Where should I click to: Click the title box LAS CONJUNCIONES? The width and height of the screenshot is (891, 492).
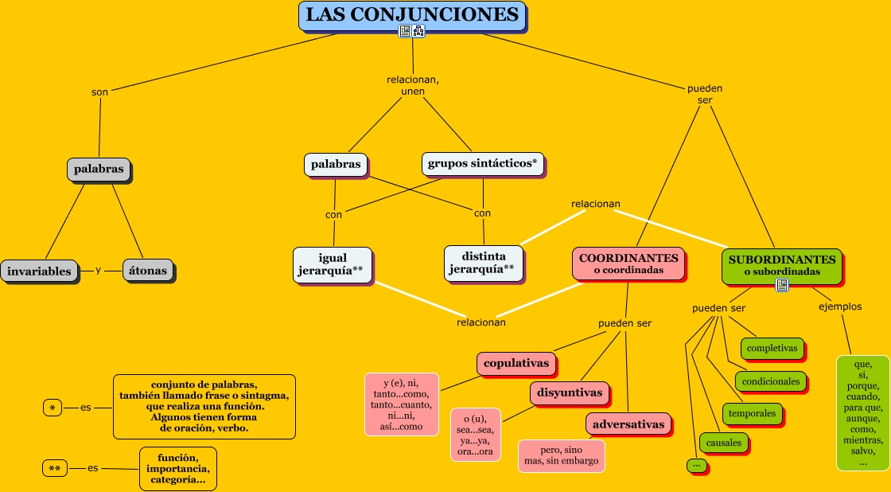point(412,16)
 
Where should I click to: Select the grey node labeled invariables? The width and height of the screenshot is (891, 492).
point(40,271)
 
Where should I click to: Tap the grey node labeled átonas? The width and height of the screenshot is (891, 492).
point(148,271)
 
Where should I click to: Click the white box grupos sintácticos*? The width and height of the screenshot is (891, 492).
point(482,164)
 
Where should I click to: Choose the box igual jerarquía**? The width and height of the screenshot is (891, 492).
point(332,264)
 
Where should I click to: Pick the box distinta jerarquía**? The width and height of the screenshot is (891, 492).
point(483,263)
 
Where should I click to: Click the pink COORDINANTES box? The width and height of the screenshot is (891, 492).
point(628,264)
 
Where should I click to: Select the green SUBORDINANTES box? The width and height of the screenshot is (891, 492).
point(781,265)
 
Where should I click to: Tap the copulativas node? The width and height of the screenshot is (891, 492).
point(516,363)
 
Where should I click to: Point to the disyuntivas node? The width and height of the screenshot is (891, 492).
point(569,392)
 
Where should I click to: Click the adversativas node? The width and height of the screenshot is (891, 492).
point(628,424)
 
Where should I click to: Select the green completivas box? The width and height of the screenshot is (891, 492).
point(772,349)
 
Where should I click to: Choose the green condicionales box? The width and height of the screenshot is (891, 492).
point(770,381)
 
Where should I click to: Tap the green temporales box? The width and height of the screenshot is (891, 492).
point(752,413)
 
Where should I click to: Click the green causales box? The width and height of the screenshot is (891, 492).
point(723,443)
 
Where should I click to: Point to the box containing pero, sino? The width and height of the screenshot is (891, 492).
point(561,455)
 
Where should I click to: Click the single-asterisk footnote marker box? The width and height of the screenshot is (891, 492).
point(53,408)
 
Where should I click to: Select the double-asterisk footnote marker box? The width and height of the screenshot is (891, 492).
point(54,469)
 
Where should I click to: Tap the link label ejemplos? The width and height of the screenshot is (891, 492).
point(839,307)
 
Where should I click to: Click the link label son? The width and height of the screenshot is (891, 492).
point(99,92)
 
